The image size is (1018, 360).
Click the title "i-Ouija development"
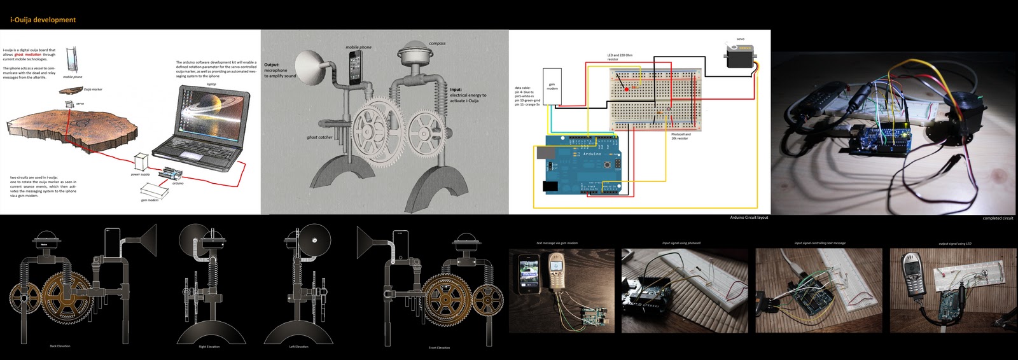click(x=43, y=20)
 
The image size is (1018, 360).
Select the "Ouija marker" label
click(x=92, y=90)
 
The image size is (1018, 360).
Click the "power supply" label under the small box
click(x=140, y=174)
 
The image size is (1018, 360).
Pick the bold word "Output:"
click(x=272, y=65)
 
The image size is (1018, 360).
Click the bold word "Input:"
click(x=456, y=90)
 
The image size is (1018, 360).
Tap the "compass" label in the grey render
click(x=437, y=43)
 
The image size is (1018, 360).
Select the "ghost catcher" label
click(x=319, y=137)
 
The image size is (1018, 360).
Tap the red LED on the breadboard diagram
click(x=627, y=89)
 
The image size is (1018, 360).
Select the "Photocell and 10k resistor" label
click(x=680, y=136)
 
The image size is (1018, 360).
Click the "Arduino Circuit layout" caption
click(x=749, y=218)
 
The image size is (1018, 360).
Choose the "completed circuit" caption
click(x=998, y=218)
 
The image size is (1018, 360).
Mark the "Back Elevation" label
click(x=60, y=346)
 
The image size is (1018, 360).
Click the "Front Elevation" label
click(x=439, y=348)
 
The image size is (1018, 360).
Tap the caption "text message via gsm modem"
click(x=557, y=243)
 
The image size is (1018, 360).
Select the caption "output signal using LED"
click(x=955, y=244)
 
